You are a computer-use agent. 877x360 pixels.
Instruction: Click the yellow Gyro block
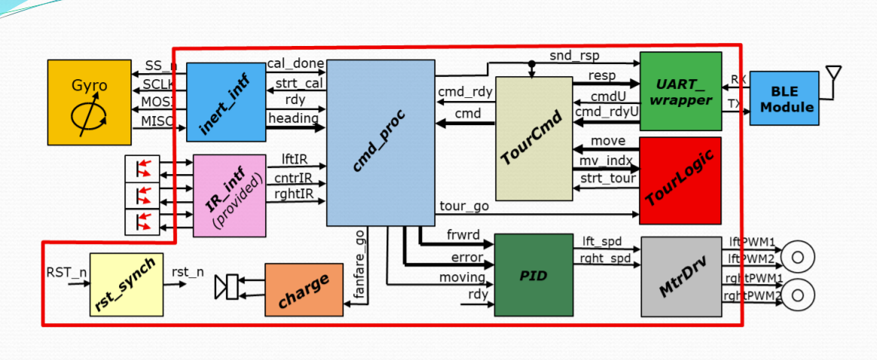pos(89,102)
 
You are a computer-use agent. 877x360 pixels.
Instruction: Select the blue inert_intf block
pos(226,102)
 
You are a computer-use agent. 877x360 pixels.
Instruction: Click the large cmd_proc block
pos(380,143)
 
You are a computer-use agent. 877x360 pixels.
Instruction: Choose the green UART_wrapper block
pos(680,91)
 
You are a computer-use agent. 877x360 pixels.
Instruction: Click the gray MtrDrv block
pos(681,276)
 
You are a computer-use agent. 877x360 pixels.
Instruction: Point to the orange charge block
pos(304,289)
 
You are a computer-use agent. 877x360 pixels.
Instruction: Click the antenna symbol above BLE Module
pos(833,74)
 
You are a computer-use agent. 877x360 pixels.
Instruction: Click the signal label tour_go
pos(463,206)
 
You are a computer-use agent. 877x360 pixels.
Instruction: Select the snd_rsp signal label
pos(570,55)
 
